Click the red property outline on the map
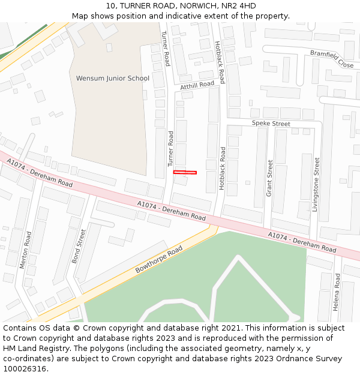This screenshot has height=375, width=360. [x=185, y=173]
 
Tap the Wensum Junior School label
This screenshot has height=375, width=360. [x=113, y=78]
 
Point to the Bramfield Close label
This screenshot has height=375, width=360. [x=332, y=58]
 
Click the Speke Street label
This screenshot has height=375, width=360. [x=271, y=124]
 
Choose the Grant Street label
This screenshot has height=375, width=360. [x=269, y=178]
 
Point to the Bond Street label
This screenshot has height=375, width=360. [x=79, y=246]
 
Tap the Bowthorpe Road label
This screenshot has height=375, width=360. [x=158, y=259]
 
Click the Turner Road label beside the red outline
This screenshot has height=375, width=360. [x=170, y=148]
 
